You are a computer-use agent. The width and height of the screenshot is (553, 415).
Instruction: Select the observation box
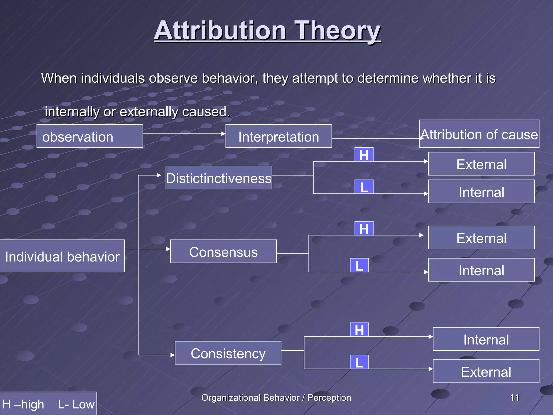pyautogui.click(x=90, y=136)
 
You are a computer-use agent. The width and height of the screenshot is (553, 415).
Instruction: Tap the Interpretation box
pyautogui.click(x=279, y=136)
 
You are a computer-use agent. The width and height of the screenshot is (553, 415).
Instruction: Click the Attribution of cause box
pyautogui.click(x=479, y=134)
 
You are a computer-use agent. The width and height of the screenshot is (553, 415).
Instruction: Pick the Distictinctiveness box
pyautogui.click(x=219, y=178)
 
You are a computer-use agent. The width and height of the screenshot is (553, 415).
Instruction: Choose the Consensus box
pyautogui.click(x=223, y=251)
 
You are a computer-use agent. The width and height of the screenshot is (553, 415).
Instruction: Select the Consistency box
pyautogui.click(x=228, y=353)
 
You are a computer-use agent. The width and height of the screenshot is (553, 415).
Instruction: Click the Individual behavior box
pyautogui.click(x=62, y=256)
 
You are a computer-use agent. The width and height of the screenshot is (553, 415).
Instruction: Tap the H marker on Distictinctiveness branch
pyautogui.click(x=364, y=155)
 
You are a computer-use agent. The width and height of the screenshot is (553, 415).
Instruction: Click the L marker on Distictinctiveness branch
pyautogui.click(x=364, y=187)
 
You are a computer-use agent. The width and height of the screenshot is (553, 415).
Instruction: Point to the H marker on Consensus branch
pyautogui.click(x=364, y=229)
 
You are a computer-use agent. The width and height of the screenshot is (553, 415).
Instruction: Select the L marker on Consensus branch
pyautogui.click(x=359, y=265)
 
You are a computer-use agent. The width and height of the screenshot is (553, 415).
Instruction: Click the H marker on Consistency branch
pyautogui.click(x=359, y=330)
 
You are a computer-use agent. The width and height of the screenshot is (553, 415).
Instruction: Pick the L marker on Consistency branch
pyautogui.click(x=359, y=362)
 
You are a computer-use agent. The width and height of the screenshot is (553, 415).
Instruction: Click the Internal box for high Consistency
pyautogui.click(x=486, y=339)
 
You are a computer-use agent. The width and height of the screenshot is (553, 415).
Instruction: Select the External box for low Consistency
pyautogui.click(x=486, y=371)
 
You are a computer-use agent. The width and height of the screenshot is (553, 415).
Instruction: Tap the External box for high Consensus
pyautogui.click(x=481, y=237)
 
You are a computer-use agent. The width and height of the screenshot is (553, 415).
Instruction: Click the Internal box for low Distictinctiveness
pyautogui.click(x=481, y=192)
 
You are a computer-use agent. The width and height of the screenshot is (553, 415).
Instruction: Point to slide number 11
pyautogui.click(x=514, y=398)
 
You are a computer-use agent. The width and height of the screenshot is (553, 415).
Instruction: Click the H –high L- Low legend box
pyautogui.click(x=48, y=404)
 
